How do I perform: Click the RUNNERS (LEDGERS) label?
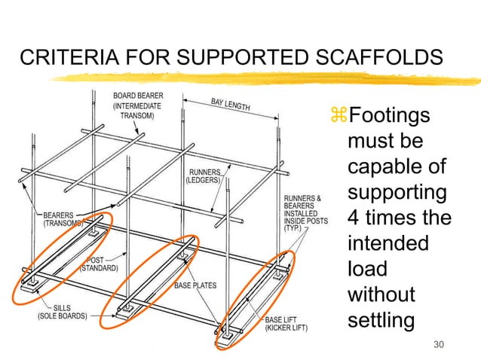click(x=205, y=175)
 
